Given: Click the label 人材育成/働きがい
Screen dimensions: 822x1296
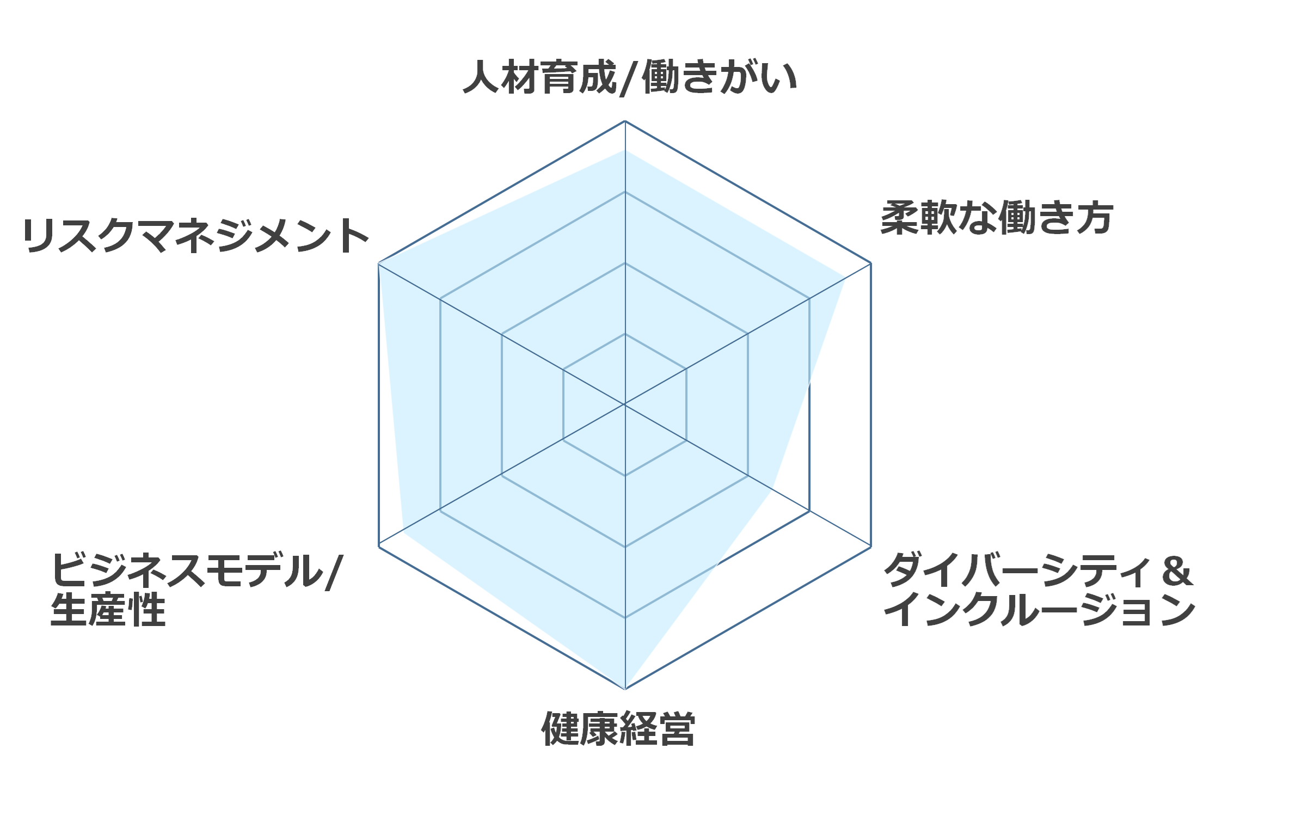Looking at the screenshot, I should click(630, 77).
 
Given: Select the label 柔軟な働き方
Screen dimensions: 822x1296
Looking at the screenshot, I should click(996, 218).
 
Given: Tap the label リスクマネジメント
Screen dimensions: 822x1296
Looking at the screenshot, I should click(196, 236).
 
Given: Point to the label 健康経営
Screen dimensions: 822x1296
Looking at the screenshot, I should click(618, 729).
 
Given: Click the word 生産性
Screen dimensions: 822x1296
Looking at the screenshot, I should click(108, 610).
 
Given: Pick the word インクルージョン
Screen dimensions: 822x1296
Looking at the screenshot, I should click(1039, 610).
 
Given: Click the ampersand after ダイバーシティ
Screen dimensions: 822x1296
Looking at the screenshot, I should click(1176, 571).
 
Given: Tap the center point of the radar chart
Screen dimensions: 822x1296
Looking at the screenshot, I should click(625, 404).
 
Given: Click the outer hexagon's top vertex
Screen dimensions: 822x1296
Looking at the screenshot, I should click(625, 121).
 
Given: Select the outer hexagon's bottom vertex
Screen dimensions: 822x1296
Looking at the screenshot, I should click(625, 689).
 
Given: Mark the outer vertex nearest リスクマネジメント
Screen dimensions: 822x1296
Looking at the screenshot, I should click(378, 263).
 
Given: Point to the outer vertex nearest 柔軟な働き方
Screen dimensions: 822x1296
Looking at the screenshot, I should click(871, 263).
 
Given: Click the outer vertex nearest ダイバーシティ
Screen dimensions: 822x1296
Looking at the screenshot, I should click(871, 547).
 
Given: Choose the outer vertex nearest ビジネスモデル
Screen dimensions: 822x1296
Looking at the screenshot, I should click(378, 547).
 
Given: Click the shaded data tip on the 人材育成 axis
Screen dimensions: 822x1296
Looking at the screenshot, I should click(625, 150).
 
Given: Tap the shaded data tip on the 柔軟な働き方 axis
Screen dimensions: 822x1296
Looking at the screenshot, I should click(845, 278).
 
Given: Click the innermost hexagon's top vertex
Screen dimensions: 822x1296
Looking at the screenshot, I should click(625, 334).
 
